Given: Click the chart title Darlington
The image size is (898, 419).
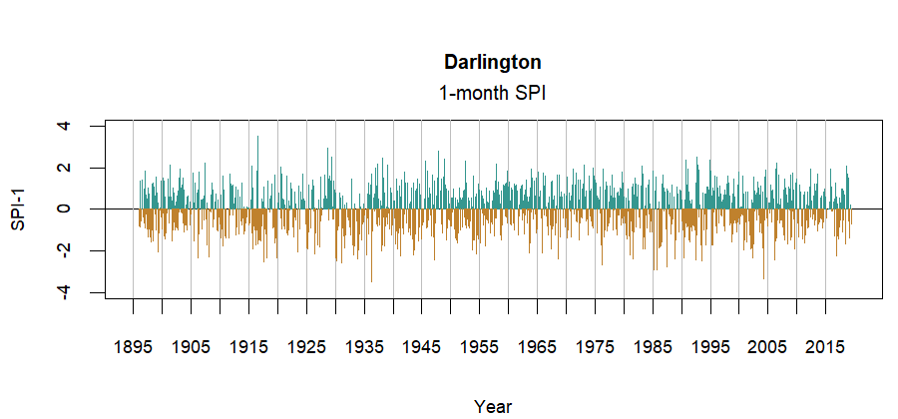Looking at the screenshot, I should pyautogui.click(x=493, y=62).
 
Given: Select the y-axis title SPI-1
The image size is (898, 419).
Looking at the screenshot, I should pyautogui.click(x=18, y=209).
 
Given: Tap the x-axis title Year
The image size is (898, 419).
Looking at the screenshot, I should pyautogui.click(x=493, y=406).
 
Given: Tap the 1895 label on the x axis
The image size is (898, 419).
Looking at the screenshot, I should pyautogui.click(x=133, y=347).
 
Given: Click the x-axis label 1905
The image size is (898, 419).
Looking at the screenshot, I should pyautogui.click(x=191, y=347).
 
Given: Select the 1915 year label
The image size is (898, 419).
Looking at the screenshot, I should pyautogui.click(x=248, y=347).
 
